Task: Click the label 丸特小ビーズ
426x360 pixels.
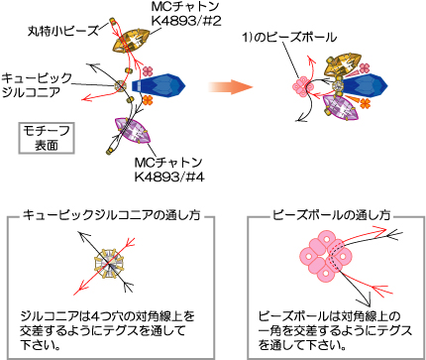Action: pos(63,31)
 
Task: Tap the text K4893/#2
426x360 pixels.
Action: pos(186,21)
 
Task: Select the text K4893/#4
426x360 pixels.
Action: pos(169,177)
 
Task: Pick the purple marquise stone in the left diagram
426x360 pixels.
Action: pos(133,131)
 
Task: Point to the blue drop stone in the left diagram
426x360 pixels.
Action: pos(159,85)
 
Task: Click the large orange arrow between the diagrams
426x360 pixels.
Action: pos(231,87)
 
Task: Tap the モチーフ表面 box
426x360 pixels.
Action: pos(47,138)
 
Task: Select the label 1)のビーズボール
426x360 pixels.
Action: pos(289,37)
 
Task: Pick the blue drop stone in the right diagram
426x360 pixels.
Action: pos(365,86)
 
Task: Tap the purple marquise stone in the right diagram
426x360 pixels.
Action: pos(340,106)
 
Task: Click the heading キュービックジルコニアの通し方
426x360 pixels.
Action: pos(112,215)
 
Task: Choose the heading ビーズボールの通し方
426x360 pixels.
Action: pos(331,215)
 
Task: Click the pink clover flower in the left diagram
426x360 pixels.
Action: pos(148,71)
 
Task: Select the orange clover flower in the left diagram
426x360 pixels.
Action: pos(148,100)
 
